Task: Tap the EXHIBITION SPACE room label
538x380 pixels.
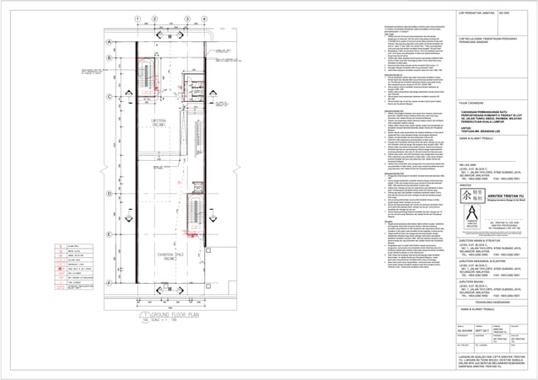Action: tap(149, 253)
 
